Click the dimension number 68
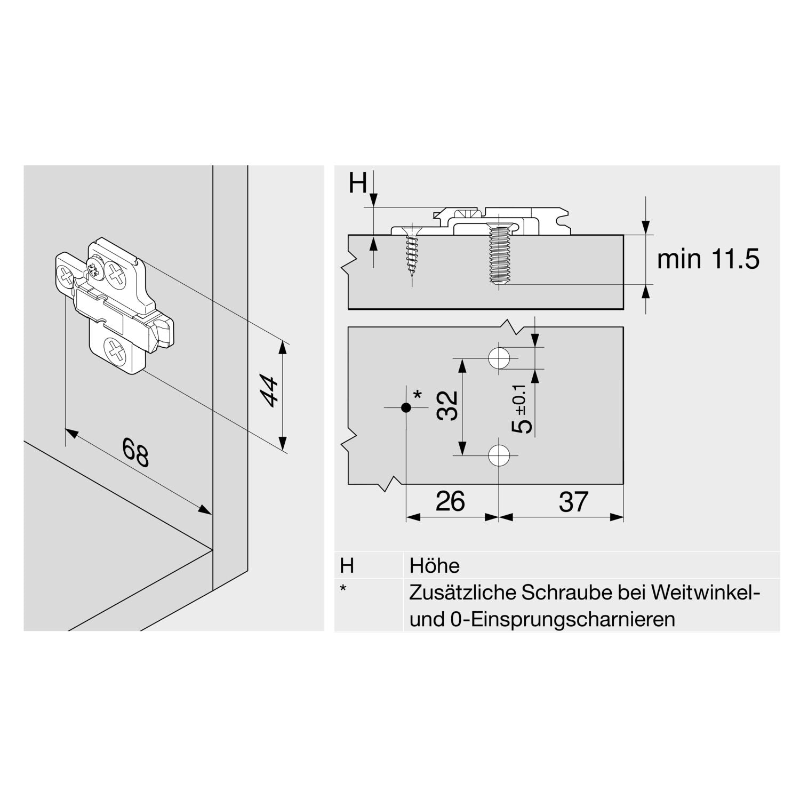click(135, 452)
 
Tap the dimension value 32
click(447, 406)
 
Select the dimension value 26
click(450, 501)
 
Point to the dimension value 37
click(573, 502)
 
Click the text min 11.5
click(708, 259)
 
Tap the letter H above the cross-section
click(358, 184)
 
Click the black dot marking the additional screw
click(406, 407)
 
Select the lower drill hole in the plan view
click(499, 455)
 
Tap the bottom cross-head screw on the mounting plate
click(115, 351)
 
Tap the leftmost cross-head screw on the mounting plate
click(66, 276)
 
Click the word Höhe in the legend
click(434, 565)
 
